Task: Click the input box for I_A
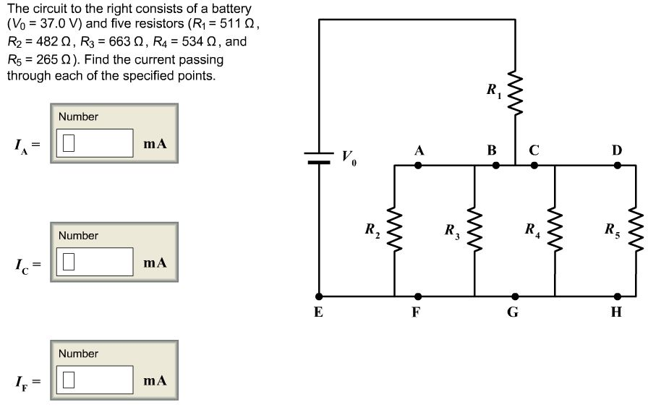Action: pos(95,143)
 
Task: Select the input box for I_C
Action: pos(95,262)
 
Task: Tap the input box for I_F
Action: pos(95,380)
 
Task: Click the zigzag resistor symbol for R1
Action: pos(515,91)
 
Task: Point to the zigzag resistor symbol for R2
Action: pos(394,229)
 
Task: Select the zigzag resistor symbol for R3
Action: pos(474,229)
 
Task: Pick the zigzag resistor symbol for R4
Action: pos(555,229)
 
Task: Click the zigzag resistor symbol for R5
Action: pos(635,229)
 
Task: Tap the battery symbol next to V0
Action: pos(319,158)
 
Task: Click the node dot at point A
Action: pos(418,166)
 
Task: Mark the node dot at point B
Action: pos(495,166)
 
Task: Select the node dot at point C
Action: pos(534,166)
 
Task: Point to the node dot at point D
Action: pos(617,166)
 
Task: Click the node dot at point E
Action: pos(319,296)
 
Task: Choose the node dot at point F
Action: pos(418,296)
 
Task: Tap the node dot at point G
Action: pos(514,296)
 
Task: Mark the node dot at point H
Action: pos(617,296)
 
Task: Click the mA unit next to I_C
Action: pos(155,262)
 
